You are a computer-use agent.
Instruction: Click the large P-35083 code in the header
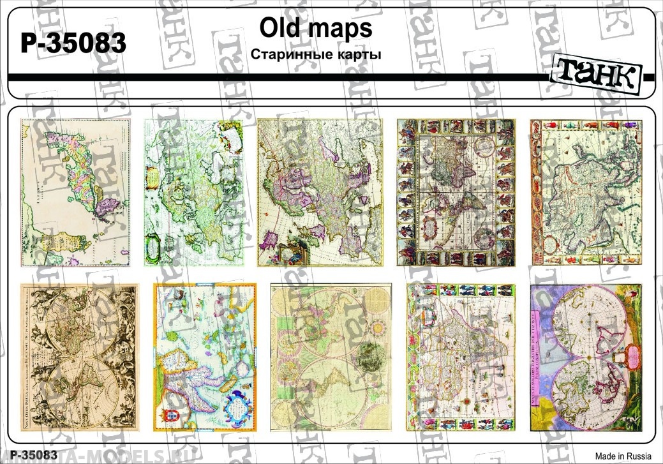(74, 44)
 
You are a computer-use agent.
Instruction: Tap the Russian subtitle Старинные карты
(316, 54)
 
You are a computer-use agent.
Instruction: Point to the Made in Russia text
(623, 456)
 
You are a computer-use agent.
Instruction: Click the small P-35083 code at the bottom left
(30, 455)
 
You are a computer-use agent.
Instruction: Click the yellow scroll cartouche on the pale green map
(153, 174)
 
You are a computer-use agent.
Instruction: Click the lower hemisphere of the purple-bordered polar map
(587, 389)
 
